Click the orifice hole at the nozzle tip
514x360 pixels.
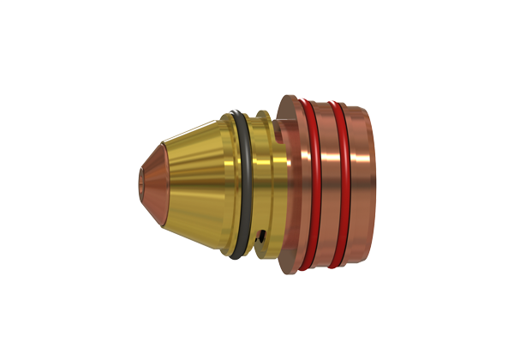[140, 180]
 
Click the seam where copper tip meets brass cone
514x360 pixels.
[165, 180]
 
